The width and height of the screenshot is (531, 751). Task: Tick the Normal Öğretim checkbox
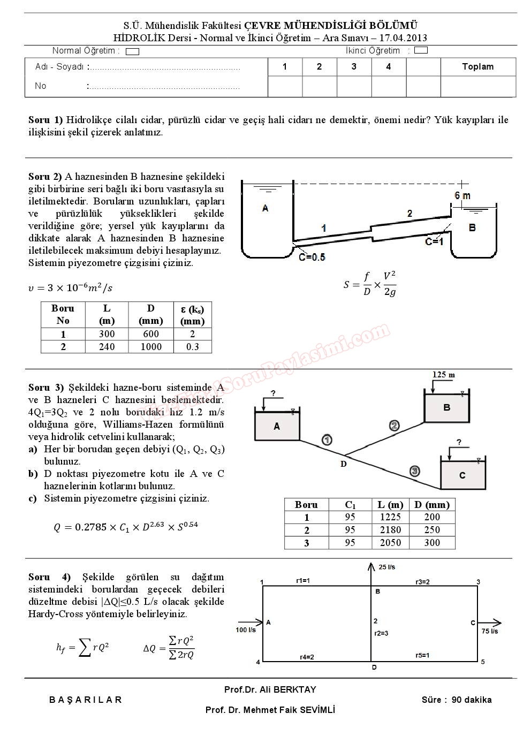[132, 52]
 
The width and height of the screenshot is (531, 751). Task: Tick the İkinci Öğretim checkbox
[421, 51]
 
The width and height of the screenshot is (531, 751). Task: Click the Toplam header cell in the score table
[477, 67]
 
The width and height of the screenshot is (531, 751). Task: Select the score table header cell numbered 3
[354, 67]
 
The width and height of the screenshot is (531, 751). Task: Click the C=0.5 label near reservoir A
[312, 257]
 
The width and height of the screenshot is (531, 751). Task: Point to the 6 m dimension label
[462, 196]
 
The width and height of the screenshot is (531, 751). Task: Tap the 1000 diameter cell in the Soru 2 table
[151, 347]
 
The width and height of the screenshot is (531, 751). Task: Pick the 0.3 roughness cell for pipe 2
[193, 347]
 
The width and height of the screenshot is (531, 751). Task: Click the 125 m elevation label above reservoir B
[443, 375]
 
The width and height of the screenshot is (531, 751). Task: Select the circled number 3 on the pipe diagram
[414, 471]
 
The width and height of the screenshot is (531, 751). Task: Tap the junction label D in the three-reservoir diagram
[344, 464]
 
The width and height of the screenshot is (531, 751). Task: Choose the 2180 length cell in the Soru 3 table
[390, 530]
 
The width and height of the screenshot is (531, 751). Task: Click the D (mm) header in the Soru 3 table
[432, 505]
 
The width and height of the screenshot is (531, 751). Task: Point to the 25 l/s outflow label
[387, 567]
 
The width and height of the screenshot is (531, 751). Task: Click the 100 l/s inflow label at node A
[246, 630]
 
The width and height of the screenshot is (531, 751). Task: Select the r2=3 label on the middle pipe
[381, 633]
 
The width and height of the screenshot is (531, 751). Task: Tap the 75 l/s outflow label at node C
[489, 631]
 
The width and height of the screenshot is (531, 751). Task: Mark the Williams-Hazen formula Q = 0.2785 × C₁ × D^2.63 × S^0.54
[126, 527]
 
